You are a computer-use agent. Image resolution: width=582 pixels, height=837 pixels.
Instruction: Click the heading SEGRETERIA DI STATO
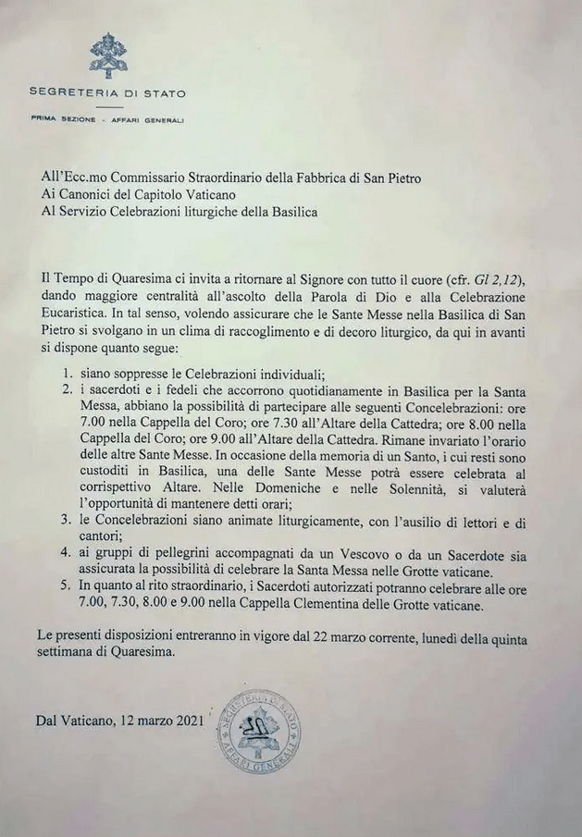107,92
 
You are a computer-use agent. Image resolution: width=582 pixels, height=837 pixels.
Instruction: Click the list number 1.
67,374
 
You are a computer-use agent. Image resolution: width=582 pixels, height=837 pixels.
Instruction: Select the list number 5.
67,586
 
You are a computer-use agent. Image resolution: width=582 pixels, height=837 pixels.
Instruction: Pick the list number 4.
67,553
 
